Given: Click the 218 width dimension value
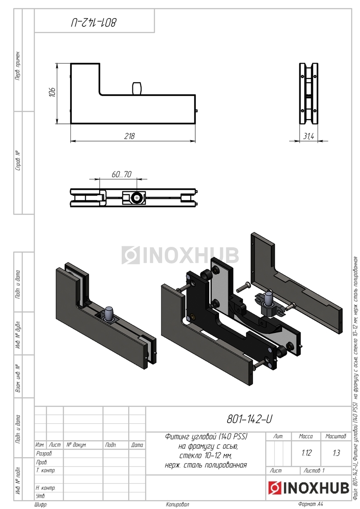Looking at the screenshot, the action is [x=129, y=136].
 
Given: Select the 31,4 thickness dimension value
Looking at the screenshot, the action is [x=309, y=136].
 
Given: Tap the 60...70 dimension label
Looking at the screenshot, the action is [x=121, y=174].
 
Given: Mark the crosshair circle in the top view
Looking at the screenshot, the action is [x=137, y=198].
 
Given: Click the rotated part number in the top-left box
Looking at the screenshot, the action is [x=94, y=23].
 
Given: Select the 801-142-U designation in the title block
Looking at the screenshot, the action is [x=249, y=419].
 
